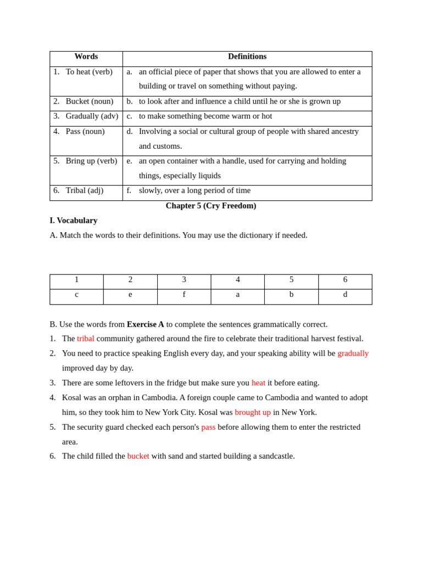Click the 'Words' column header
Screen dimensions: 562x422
86,57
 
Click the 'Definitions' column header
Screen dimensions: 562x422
247,57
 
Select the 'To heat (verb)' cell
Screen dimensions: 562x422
88,72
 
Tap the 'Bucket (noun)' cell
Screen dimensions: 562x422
89,102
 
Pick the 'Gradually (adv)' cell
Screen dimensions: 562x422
92,116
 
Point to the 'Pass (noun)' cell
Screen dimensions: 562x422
85,132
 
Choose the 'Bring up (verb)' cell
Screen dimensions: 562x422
91,161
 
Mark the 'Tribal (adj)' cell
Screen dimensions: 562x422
84,190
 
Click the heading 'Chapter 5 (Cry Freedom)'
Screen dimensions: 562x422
211,206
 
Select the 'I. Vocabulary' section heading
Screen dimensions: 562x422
74,221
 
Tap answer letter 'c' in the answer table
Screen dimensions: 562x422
76,295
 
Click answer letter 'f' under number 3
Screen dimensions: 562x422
184,295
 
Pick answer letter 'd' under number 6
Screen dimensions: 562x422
345,295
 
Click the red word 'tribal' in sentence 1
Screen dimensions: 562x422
86,339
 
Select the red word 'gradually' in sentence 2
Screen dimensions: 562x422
353,353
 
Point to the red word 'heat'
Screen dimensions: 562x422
258,383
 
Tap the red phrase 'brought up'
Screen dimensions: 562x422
253,413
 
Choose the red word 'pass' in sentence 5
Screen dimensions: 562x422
208,427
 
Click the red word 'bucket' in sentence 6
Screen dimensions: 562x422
138,456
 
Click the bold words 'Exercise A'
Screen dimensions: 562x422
146,324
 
